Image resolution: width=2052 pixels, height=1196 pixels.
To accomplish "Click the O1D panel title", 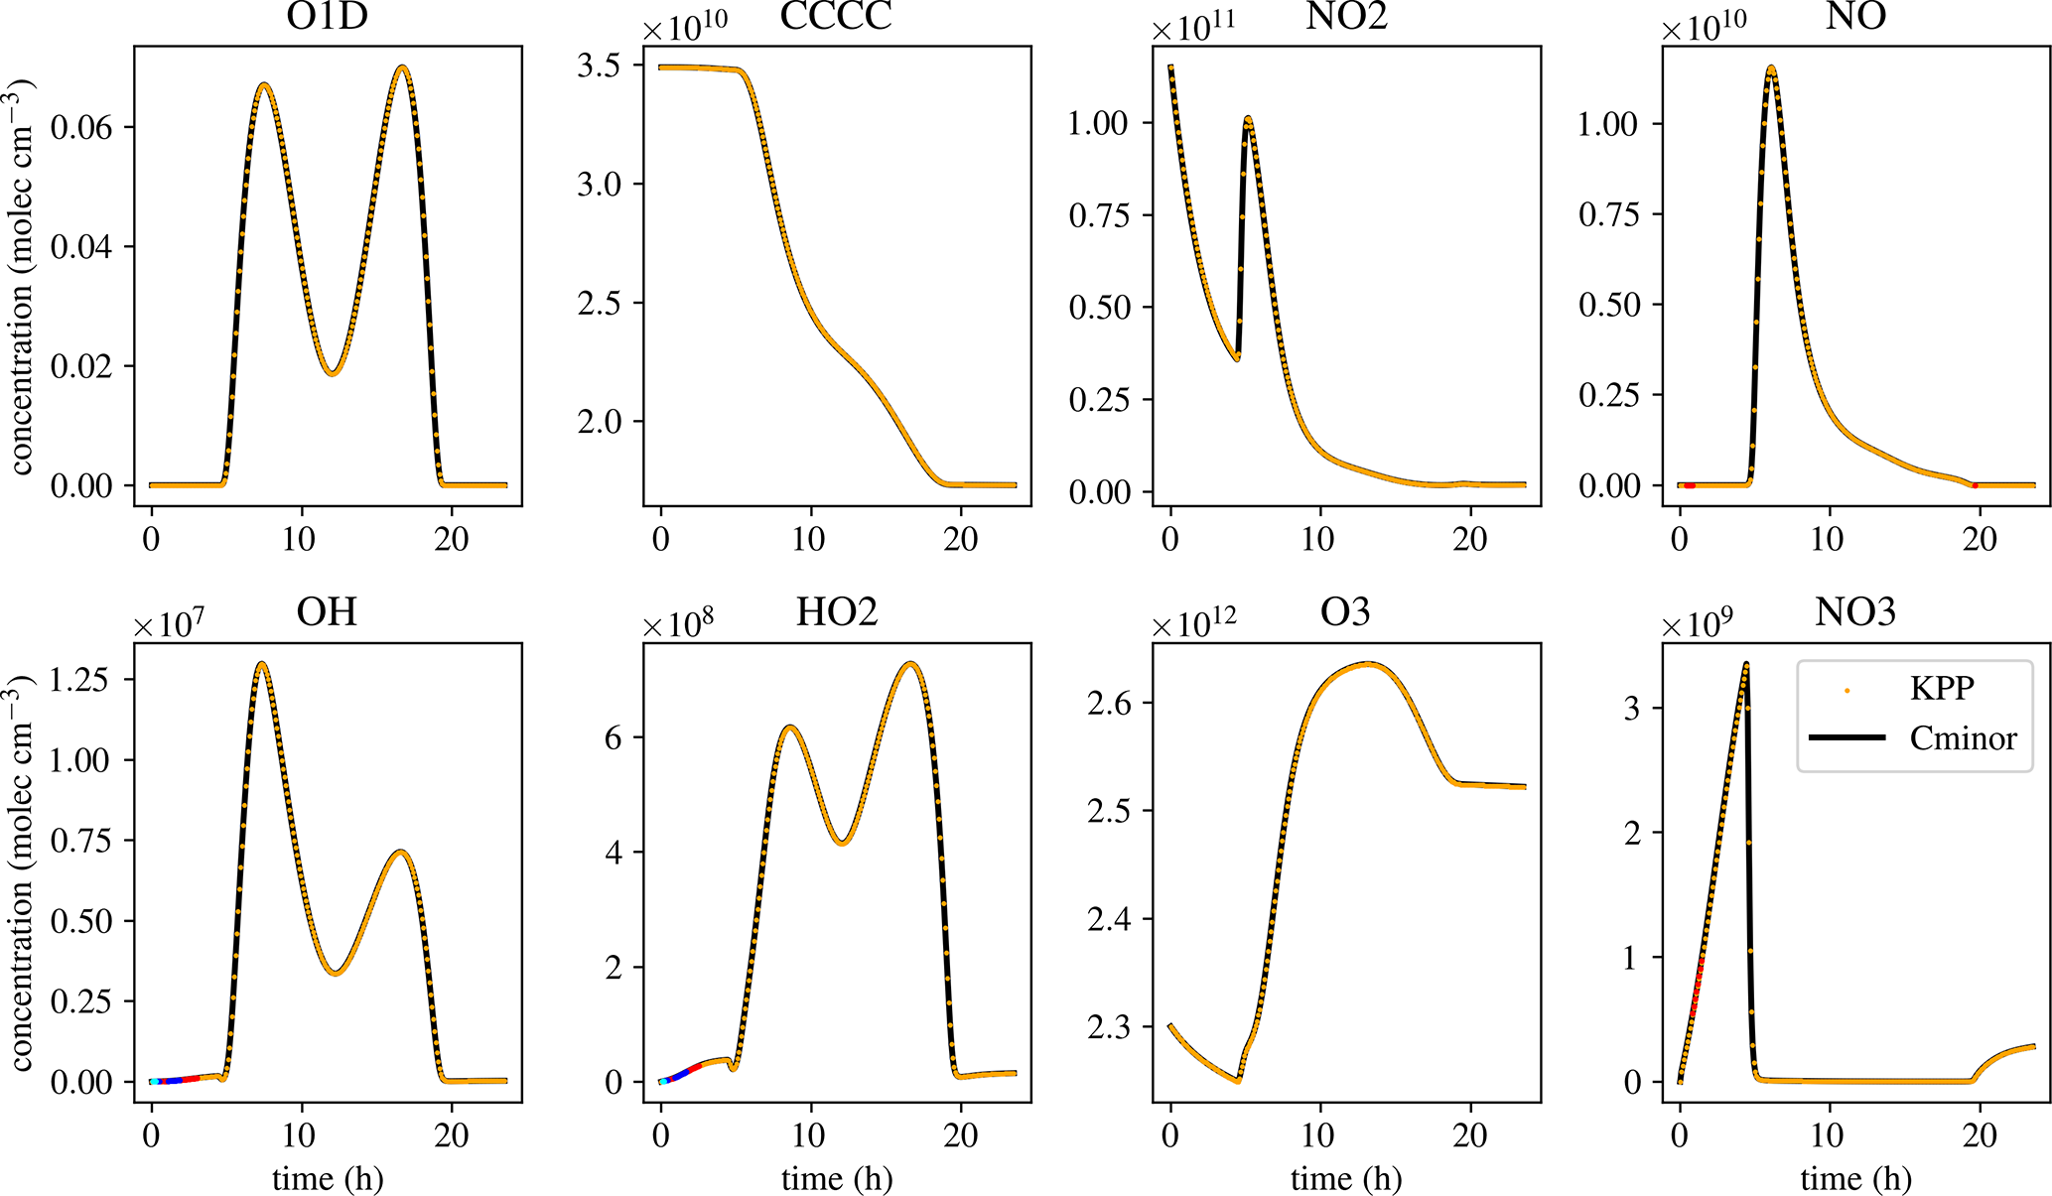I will pos(327,18).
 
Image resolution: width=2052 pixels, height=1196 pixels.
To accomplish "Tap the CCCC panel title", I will pos(836,18).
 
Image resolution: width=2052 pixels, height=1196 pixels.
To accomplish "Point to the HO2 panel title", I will pos(836,612).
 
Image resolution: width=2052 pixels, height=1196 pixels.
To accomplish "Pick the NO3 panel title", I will pos(1854,612).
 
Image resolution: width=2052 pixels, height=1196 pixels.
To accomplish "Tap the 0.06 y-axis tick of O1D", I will pos(81,127).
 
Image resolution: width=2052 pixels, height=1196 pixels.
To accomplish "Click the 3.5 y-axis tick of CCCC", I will pos(599,66).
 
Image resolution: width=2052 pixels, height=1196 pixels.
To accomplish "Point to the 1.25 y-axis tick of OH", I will pos(81,680).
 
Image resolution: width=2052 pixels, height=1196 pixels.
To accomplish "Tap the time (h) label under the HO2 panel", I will pos(836,1178).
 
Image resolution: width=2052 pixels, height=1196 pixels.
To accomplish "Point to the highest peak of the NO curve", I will pos(1771,68).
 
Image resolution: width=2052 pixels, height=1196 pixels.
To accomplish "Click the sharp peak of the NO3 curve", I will pos(1745,664).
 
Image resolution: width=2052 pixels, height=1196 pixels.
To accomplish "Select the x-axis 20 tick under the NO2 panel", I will pos(1470,539).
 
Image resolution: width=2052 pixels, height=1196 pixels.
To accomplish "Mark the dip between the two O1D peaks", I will pos(333,373).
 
